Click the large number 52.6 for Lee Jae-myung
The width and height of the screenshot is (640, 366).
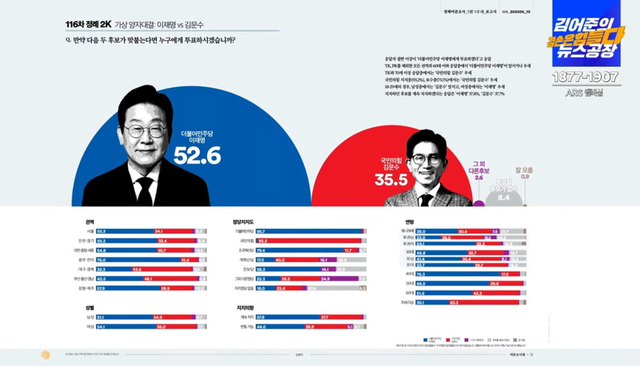click(197, 156)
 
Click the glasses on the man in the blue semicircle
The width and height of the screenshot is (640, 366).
click(145, 131)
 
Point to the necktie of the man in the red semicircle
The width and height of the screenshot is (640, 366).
click(426, 199)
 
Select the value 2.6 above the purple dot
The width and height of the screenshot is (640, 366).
click(479, 177)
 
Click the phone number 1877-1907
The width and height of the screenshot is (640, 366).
click(585, 77)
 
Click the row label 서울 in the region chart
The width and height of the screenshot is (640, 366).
click(90, 231)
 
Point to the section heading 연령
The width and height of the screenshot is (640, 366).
click(410, 221)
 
